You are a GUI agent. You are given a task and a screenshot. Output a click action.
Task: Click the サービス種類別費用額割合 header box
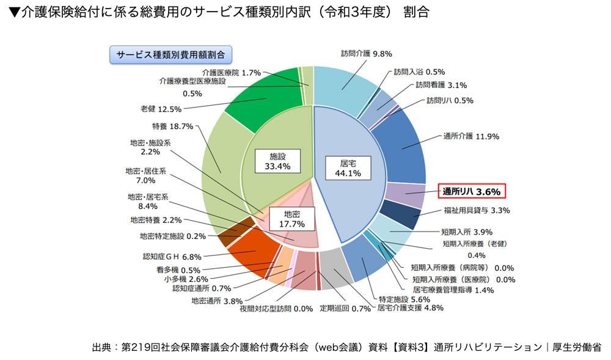pyautogui.click(x=170, y=54)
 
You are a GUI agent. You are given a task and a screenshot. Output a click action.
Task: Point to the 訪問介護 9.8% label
pyautogui.click(x=366, y=53)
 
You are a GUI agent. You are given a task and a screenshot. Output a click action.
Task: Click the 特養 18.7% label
pyautogui.click(x=172, y=127)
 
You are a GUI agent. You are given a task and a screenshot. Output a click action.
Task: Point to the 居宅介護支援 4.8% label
pyautogui.click(x=410, y=308)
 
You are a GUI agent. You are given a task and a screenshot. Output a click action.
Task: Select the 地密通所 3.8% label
pyautogui.click(x=217, y=300)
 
